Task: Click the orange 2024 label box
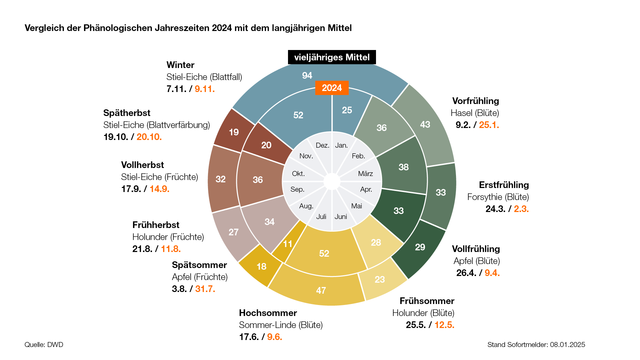pos(332,88)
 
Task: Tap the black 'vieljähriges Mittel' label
pos(332,57)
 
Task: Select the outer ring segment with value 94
pos(307,76)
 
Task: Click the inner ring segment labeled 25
pos(347,110)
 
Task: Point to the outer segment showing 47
pos(321,290)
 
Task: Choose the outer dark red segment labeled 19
pos(234,132)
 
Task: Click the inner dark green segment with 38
pos(403,167)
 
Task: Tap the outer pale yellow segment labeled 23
pos(380,279)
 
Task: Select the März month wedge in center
pos(365,174)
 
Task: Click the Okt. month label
pos(298,174)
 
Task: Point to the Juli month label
pos(321,217)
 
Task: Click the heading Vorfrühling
pos(475,101)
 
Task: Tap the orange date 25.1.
pos(489,125)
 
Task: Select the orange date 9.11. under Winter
pos(205,89)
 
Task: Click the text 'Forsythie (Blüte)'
pos(498,197)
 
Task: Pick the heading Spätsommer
pos(199,265)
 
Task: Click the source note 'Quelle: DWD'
pos(44,345)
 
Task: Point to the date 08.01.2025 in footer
pos(567,345)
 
